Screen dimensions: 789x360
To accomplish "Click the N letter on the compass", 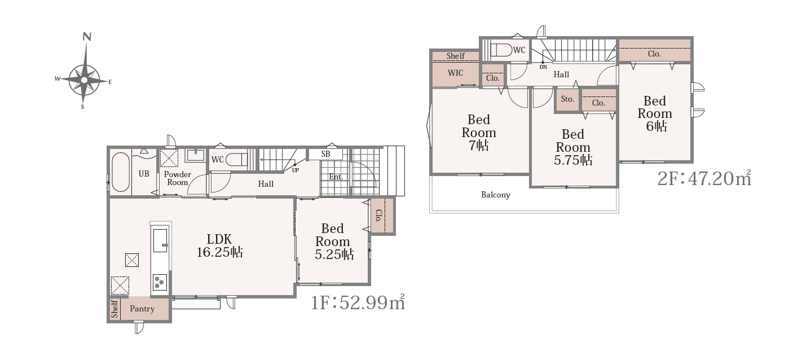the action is pos(87,37).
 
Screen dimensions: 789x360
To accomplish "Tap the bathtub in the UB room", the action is pos(121,172).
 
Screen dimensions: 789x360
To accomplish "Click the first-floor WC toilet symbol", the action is pos(236,160).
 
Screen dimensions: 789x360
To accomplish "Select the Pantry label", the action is pos(142,309).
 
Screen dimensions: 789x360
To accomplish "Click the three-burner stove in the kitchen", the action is pos(160,282).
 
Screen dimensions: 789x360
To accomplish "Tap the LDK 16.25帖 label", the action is pos(219,245).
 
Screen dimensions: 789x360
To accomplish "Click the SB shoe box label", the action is pos(326,154).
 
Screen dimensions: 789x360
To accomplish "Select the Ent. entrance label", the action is pos(336,177).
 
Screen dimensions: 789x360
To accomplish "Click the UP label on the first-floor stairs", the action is pos(296,170).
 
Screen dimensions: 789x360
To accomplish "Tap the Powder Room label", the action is pos(178,178).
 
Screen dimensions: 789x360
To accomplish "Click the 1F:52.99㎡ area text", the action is pos(358,302).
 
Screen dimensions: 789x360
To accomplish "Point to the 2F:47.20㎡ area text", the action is pos(704,178).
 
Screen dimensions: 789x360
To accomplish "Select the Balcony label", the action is pos(496,195).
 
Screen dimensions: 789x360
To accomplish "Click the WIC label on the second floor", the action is pos(456,73).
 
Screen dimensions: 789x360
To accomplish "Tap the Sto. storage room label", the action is pos(567,99).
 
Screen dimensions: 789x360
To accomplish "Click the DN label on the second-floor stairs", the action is pos(543,67).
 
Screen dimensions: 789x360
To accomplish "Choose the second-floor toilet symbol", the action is pos(501,50).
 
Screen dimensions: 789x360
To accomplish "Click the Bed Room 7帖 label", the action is pos(479,133).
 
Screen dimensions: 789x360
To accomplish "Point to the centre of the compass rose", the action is pos(84,80).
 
